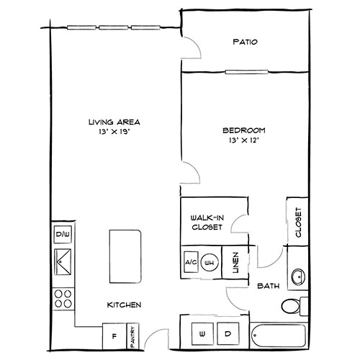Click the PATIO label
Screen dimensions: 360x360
pos(246,42)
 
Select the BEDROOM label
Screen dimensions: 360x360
pos(243,130)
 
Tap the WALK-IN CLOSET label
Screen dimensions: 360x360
pos(206,222)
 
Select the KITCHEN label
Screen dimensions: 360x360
pos(123,305)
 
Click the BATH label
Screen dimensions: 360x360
pos(268,286)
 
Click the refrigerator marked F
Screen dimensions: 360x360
pos(114,334)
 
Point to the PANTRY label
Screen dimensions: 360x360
pos(134,334)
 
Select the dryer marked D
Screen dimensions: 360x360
pos(227,334)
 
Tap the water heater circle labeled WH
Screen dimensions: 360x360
pos(211,262)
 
